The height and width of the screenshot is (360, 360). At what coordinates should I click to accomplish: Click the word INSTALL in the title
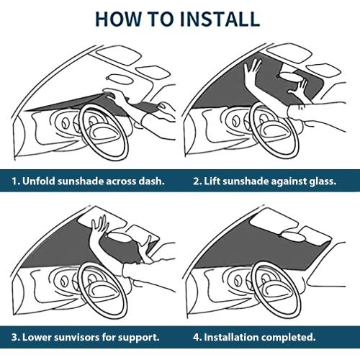220,19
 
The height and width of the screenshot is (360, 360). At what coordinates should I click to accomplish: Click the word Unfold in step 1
39,181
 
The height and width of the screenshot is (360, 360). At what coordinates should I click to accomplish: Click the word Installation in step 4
231,337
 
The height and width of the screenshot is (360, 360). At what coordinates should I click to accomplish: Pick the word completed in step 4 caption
288,338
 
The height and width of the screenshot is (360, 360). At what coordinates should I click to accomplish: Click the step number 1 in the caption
15,181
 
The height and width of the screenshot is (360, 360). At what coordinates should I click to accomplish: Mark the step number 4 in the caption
197,338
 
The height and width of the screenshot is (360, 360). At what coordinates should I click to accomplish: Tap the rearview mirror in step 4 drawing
293,238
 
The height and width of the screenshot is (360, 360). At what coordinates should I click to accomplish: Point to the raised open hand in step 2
251,70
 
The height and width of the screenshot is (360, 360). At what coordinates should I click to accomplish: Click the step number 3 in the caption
16,338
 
